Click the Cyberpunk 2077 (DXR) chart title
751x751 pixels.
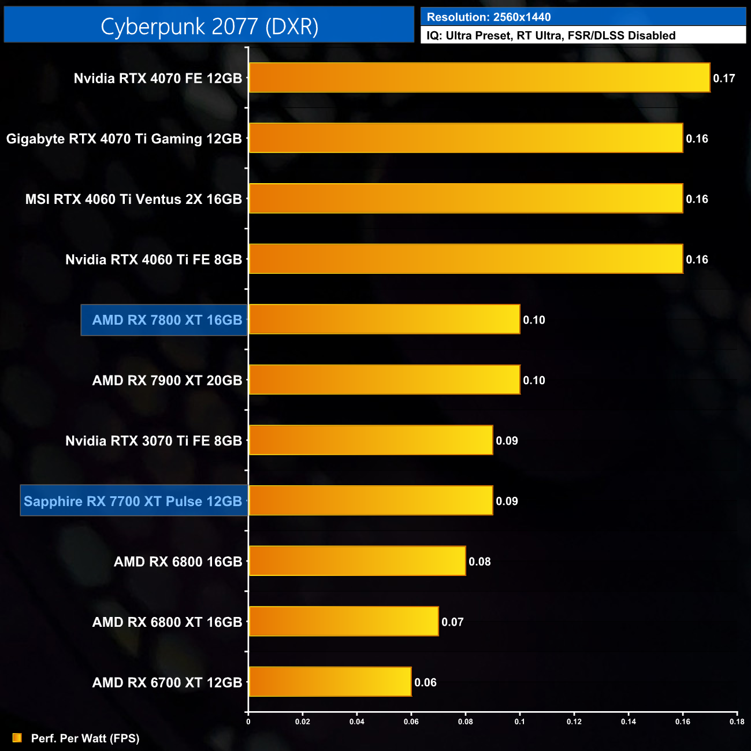click(209, 26)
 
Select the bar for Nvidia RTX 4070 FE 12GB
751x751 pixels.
click(479, 77)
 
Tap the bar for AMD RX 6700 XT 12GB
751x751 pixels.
click(330, 682)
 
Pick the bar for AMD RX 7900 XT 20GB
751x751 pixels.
click(384, 380)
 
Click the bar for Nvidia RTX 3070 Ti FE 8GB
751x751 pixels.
click(370, 440)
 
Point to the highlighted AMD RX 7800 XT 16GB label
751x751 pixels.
click(167, 320)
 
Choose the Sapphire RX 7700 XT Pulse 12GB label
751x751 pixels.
click(133, 501)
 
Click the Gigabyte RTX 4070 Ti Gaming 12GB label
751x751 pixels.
click(124, 139)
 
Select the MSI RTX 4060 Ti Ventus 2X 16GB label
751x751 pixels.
click(133, 199)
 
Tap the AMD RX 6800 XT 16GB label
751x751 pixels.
click(167, 622)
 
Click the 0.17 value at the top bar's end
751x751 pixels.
click(724, 79)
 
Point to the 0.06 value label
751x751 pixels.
click(425, 682)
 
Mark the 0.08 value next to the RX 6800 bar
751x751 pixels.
click(479, 562)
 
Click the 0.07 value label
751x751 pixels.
click(452, 622)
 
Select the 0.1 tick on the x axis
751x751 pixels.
click(520, 722)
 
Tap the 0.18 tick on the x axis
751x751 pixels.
click(737, 722)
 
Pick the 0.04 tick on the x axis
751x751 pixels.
click(356, 722)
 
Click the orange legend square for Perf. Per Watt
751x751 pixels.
click(17, 738)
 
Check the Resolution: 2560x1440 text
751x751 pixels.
click(489, 17)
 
